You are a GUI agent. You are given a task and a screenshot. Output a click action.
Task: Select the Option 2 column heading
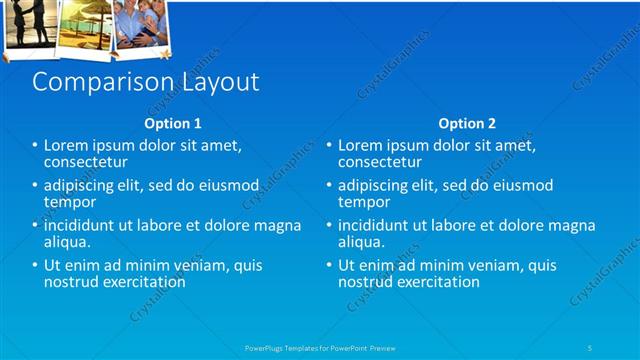click(x=467, y=124)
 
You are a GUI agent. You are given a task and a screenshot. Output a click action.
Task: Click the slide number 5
click(x=590, y=347)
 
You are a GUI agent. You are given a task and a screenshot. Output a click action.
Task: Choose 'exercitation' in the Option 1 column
click(x=144, y=282)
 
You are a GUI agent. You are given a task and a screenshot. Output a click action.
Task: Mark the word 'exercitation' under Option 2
click(x=438, y=282)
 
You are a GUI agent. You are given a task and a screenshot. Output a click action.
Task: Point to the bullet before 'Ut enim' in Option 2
click(x=328, y=266)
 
